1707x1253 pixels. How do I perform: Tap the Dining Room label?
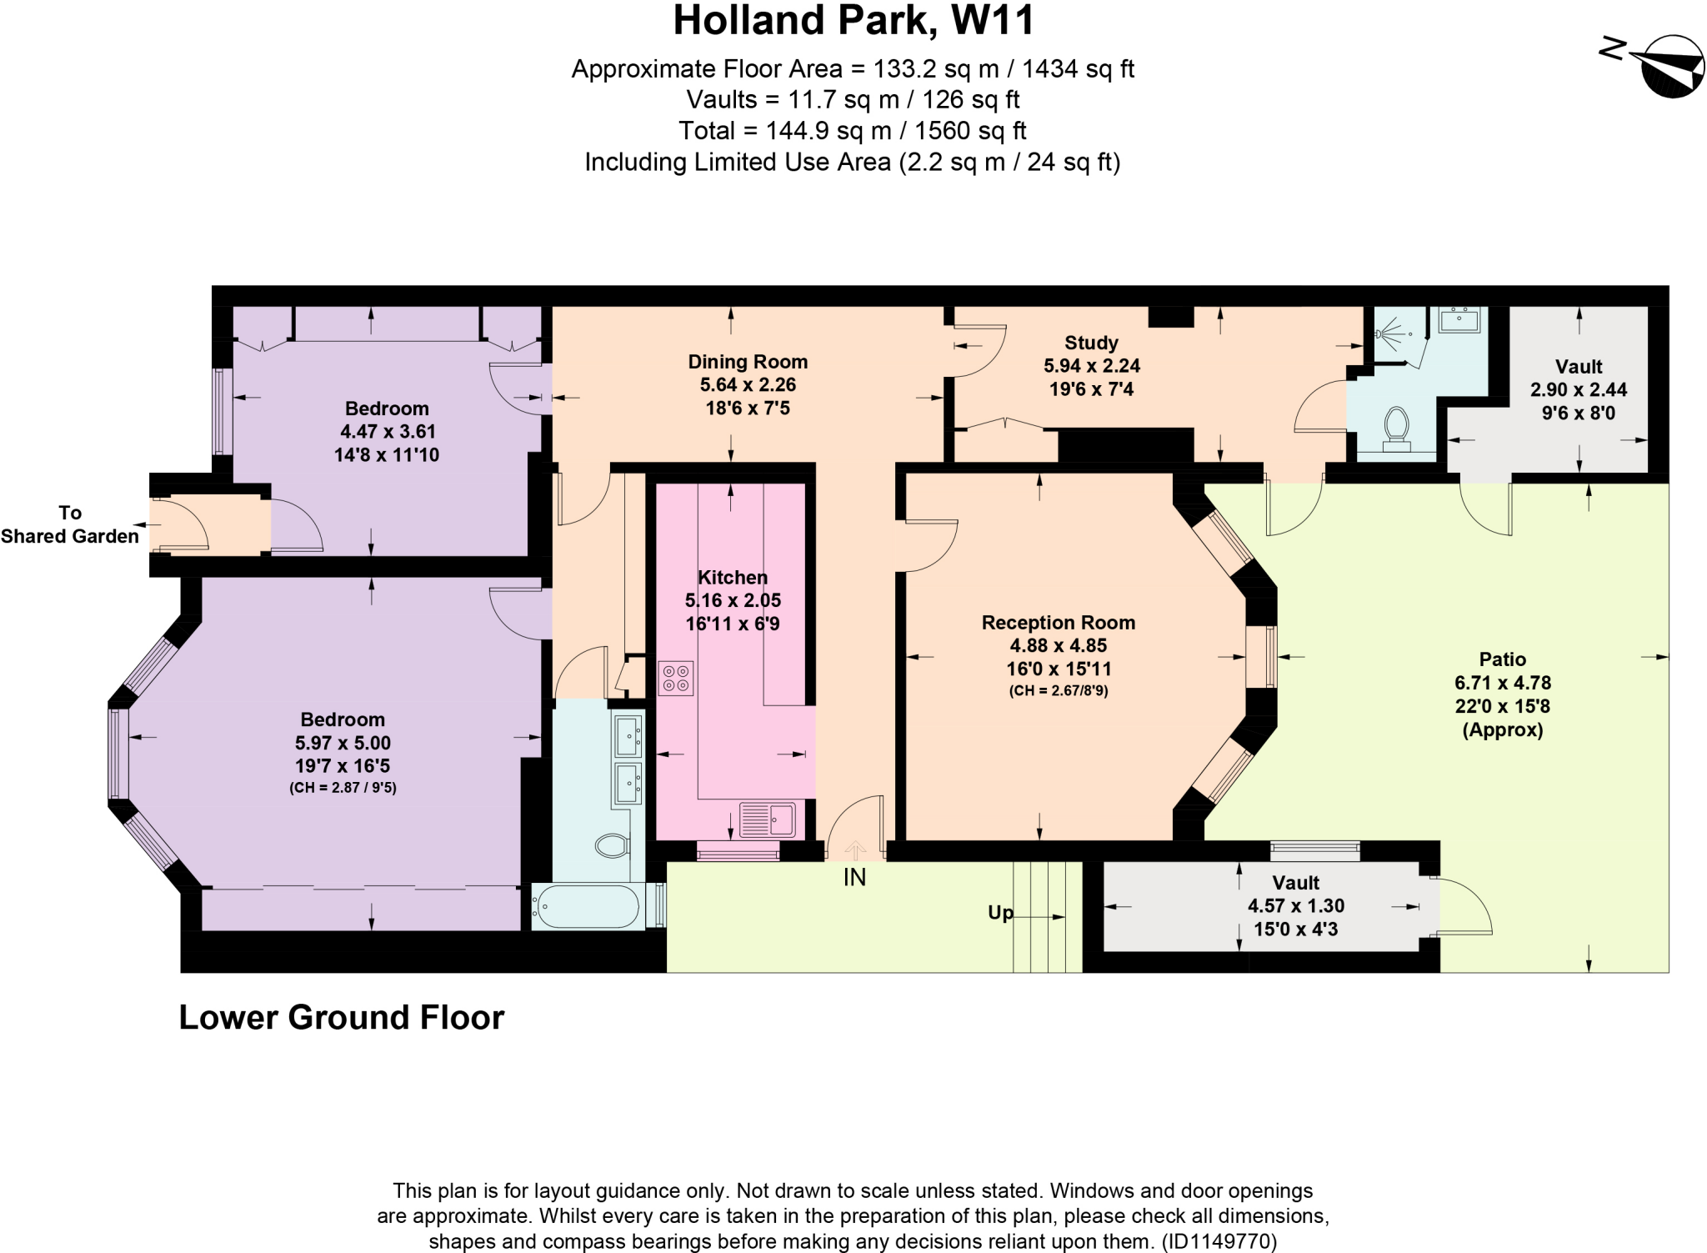pyautogui.click(x=748, y=362)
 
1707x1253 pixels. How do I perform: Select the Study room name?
pyautogui.click(x=1091, y=343)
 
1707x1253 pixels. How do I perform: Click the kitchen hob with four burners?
pyautogui.click(x=675, y=678)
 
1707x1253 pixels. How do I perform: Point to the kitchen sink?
pyautogui.click(x=767, y=819)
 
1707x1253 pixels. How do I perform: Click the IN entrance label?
pyautogui.click(x=854, y=877)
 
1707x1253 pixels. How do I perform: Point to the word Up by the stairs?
pyautogui.click(x=1000, y=912)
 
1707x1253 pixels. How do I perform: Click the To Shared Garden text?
pyautogui.click(x=70, y=524)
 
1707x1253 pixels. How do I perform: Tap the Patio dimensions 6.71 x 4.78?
pyautogui.click(x=1503, y=683)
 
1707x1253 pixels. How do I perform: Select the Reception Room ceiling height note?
pyautogui.click(x=1058, y=690)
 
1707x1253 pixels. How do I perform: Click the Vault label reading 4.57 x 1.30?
pyautogui.click(x=1295, y=905)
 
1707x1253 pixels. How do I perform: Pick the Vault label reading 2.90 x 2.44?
pyautogui.click(x=1578, y=389)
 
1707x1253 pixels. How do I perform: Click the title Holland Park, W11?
pyautogui.click(x=853, y=21)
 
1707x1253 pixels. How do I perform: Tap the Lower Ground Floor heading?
pyautogui.click(x=342, y=1018)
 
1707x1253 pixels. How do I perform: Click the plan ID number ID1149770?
pyautogui.click(x=1219, y=1241)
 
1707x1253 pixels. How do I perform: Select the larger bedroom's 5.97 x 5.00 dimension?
pyautogui.click(x=343, y=743)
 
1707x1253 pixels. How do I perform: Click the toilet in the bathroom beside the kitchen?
pyautogui.click(x=613, y=845)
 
